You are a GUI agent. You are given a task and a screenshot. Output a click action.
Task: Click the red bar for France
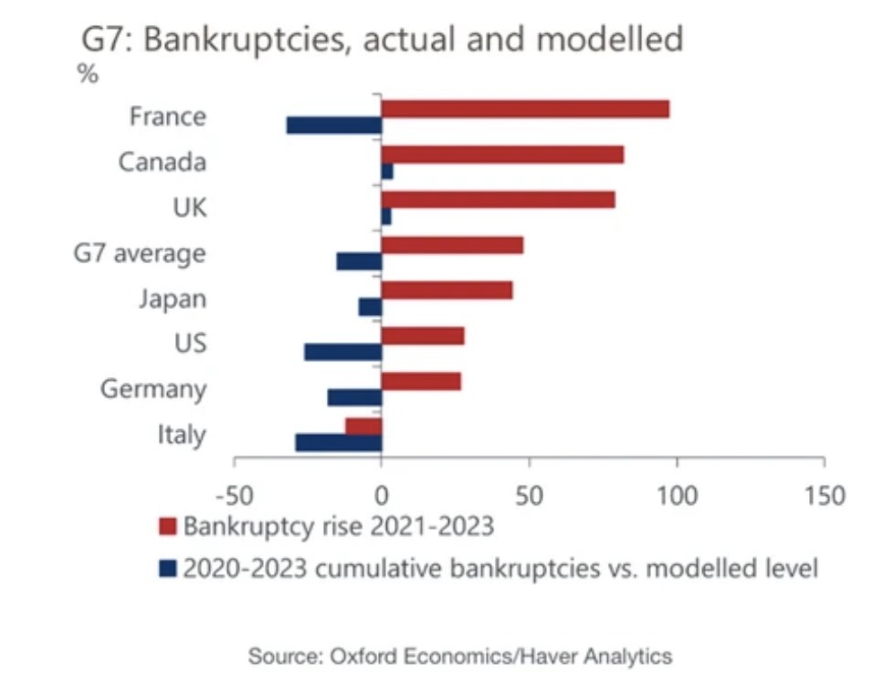[x=525, y=109]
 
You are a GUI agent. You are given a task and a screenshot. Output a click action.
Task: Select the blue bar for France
[x=334, y=126]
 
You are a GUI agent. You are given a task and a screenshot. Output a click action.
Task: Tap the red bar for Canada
[x=502, y=154]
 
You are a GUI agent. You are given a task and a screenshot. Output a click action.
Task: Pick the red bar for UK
[x=498, y=199]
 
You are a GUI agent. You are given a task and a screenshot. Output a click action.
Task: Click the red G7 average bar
[x=452, y=245]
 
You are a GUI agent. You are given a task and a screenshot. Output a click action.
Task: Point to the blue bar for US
[x=343, y=352]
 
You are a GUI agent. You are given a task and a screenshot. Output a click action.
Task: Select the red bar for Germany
[x=421, y=381]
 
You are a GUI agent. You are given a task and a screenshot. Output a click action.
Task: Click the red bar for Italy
[x=364, y=426]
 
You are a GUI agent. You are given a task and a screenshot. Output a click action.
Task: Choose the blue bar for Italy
[x=339, y=443]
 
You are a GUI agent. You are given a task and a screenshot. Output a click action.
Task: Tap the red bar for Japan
[x=447, y=290]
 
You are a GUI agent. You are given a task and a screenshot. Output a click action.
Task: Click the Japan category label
[x=172, y=298]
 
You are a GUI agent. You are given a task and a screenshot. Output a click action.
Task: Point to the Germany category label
[x=153, y=390]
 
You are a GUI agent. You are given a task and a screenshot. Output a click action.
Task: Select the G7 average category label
[x=139, y=254]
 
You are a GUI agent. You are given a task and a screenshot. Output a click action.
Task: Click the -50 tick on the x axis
[x=234, y=495]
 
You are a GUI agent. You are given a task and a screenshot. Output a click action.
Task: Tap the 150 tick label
[x=824, y=495]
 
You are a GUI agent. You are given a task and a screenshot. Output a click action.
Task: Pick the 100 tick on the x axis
[x=677, y=495]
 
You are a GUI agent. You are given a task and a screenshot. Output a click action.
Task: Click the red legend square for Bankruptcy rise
[x=167, y=526]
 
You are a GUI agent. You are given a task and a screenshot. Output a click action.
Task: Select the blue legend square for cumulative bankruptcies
[x=167, y=569]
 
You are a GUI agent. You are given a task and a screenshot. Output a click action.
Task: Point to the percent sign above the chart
[x=87, y=75]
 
